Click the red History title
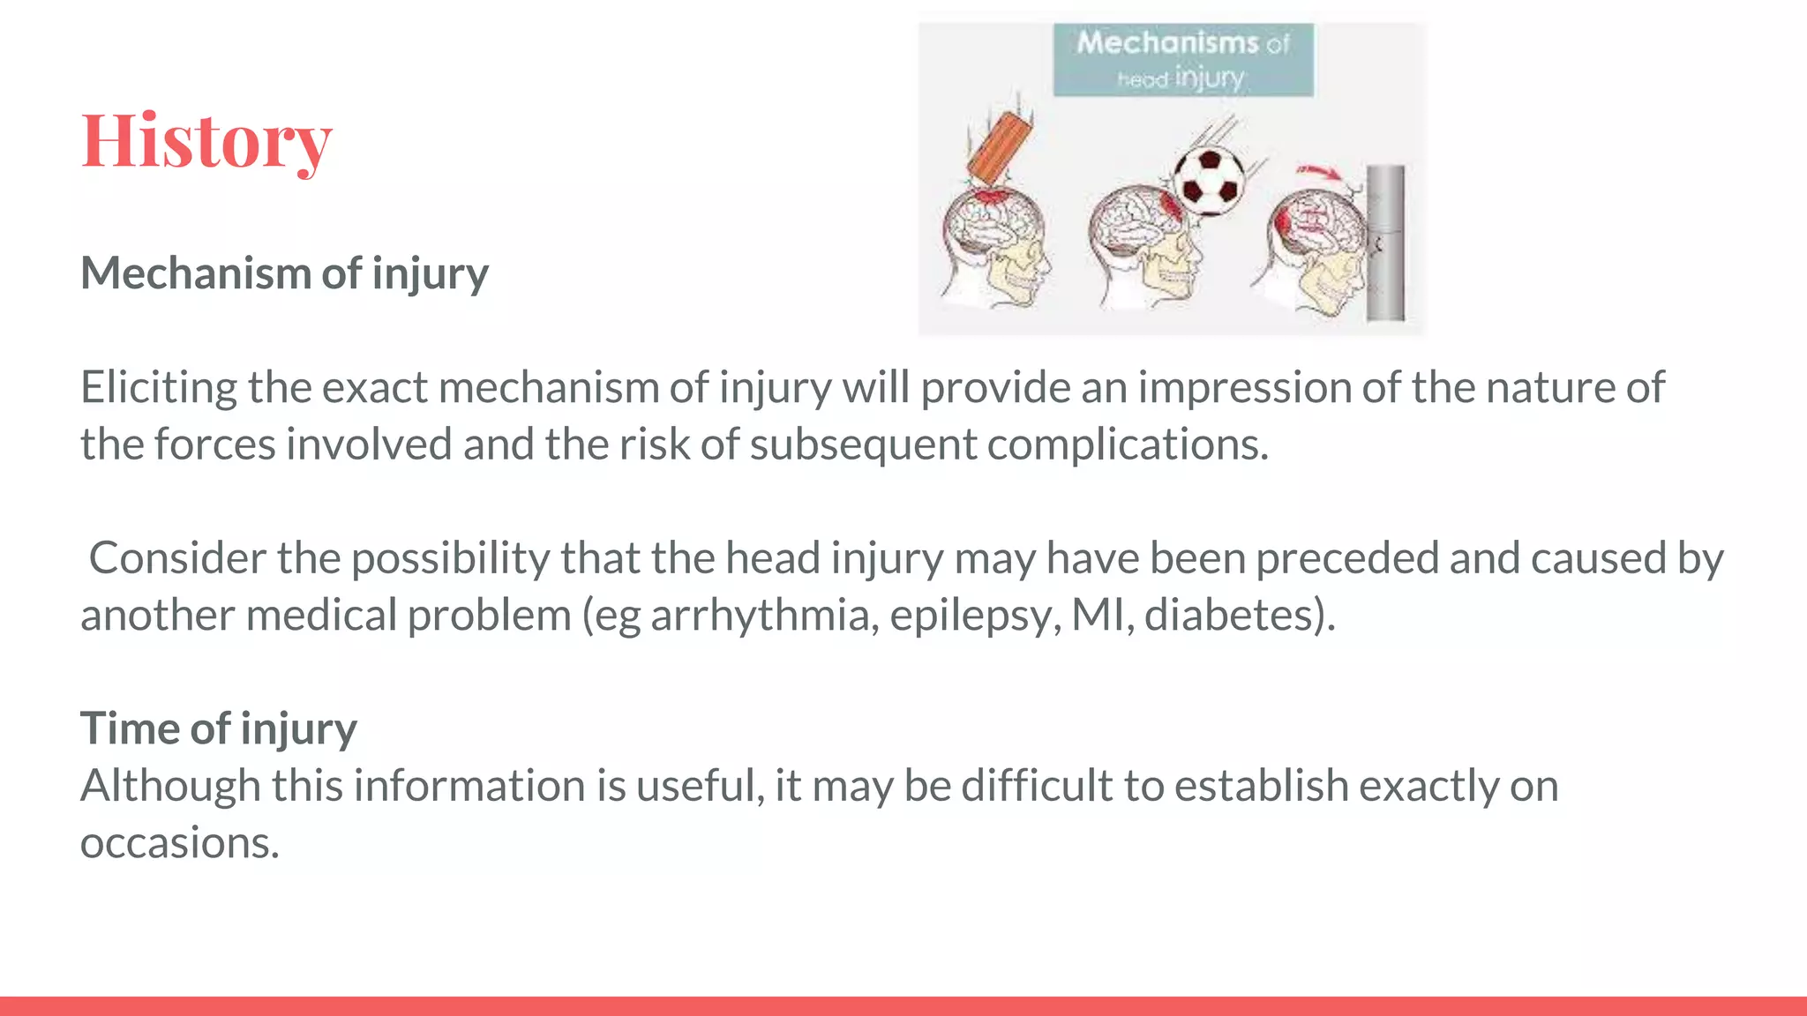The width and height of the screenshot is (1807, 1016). point(206,141)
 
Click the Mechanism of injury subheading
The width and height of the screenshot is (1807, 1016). point(284,273)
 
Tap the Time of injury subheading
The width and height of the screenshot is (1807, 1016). point(218,728)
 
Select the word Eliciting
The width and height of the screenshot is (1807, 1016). point(159,388)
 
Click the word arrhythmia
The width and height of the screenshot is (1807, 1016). point(764,616)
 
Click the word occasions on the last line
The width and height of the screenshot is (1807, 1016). point(179,843)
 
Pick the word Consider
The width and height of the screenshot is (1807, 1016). point(177,558)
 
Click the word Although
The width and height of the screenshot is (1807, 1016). point(170,786)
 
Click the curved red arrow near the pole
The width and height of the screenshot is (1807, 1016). point(1318,173)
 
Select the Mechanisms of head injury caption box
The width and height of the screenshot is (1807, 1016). point(1182,60)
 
